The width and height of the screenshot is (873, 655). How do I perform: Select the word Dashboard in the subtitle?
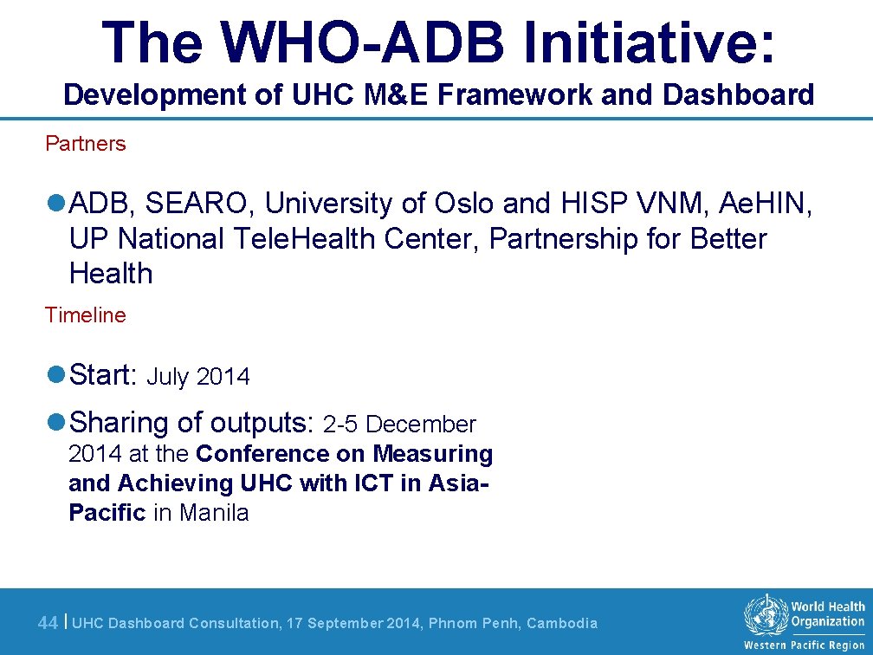coord(738,94)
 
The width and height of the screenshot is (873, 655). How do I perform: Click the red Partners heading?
coord(86,144)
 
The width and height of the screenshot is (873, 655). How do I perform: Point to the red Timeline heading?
coord(86,315)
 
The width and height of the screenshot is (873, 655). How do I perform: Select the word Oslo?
coord(465,204)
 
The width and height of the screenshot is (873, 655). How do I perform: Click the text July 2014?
coord(198,377)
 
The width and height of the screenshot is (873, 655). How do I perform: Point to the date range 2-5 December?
coord(399,425)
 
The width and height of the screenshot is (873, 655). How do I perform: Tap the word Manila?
coord(214,513)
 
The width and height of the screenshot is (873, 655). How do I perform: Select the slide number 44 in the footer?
coord(48,623)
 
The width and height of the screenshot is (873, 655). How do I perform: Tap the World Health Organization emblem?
coord(765,617)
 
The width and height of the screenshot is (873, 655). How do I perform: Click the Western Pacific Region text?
coord(805,645)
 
